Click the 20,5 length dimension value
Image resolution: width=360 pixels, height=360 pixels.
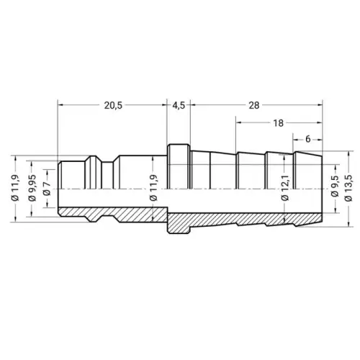tap(113, 105)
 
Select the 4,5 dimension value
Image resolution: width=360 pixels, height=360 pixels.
tap(179, 105)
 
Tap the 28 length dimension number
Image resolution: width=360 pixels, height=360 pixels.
tap(254, 105)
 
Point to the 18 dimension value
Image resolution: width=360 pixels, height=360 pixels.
tap(278, 123)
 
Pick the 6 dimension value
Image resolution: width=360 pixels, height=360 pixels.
tap(308, 139)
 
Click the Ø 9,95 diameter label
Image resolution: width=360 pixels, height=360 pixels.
tap(32, 188)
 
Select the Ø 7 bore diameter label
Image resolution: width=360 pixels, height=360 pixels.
tap(47, 189)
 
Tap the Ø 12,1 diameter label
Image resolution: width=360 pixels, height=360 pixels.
tap(285, 188)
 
